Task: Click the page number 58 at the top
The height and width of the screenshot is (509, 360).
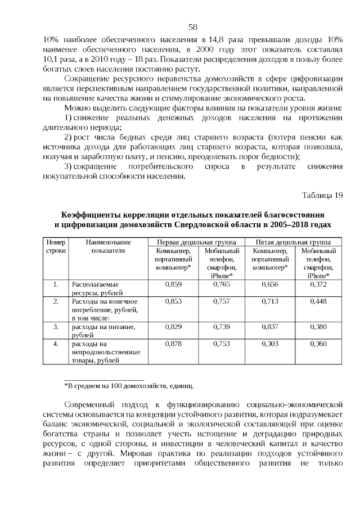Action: [x=192, y=26]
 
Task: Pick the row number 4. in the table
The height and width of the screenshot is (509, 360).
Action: [x=56, y=343]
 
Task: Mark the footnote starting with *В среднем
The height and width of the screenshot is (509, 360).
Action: [x=129, y=386]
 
